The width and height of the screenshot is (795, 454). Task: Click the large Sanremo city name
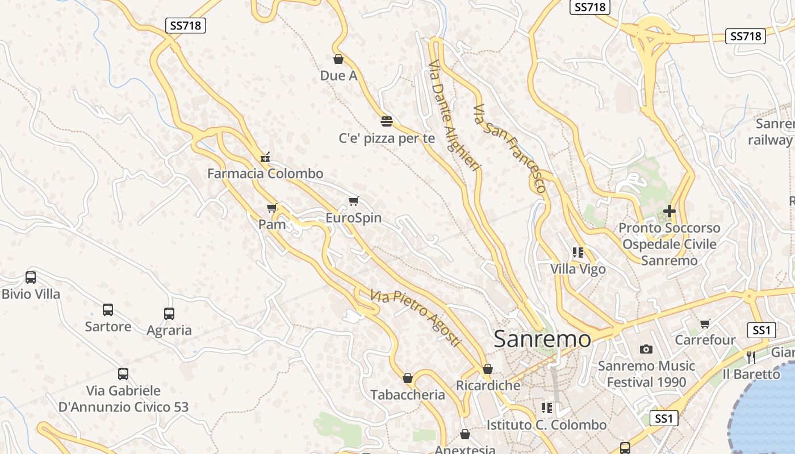(542, 339)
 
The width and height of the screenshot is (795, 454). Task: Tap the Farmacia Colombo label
(265, 174)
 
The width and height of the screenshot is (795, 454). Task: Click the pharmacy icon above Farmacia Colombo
(265, 157)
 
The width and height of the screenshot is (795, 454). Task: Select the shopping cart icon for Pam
(271, 208)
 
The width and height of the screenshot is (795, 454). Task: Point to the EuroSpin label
(353, 218)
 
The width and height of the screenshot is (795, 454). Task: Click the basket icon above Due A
(338, 59)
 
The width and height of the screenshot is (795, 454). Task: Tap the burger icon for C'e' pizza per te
(387, 121)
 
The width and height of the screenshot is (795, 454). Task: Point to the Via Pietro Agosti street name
(415, 318)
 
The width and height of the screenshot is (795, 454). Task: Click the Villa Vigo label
(578, 269)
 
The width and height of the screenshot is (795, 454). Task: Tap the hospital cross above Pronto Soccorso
(670, 211)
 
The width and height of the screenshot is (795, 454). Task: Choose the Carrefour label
(705, 340)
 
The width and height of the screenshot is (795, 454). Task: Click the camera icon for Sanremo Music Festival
(646, 349)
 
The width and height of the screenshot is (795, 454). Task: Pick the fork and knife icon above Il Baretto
(751, 357)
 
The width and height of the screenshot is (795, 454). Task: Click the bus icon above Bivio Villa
(31, 278)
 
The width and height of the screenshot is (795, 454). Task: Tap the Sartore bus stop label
(108, 327)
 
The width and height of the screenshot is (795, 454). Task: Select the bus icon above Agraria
(169, 314)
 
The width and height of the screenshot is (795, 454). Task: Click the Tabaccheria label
(407, 395)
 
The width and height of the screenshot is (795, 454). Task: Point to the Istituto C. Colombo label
(546, 425)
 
